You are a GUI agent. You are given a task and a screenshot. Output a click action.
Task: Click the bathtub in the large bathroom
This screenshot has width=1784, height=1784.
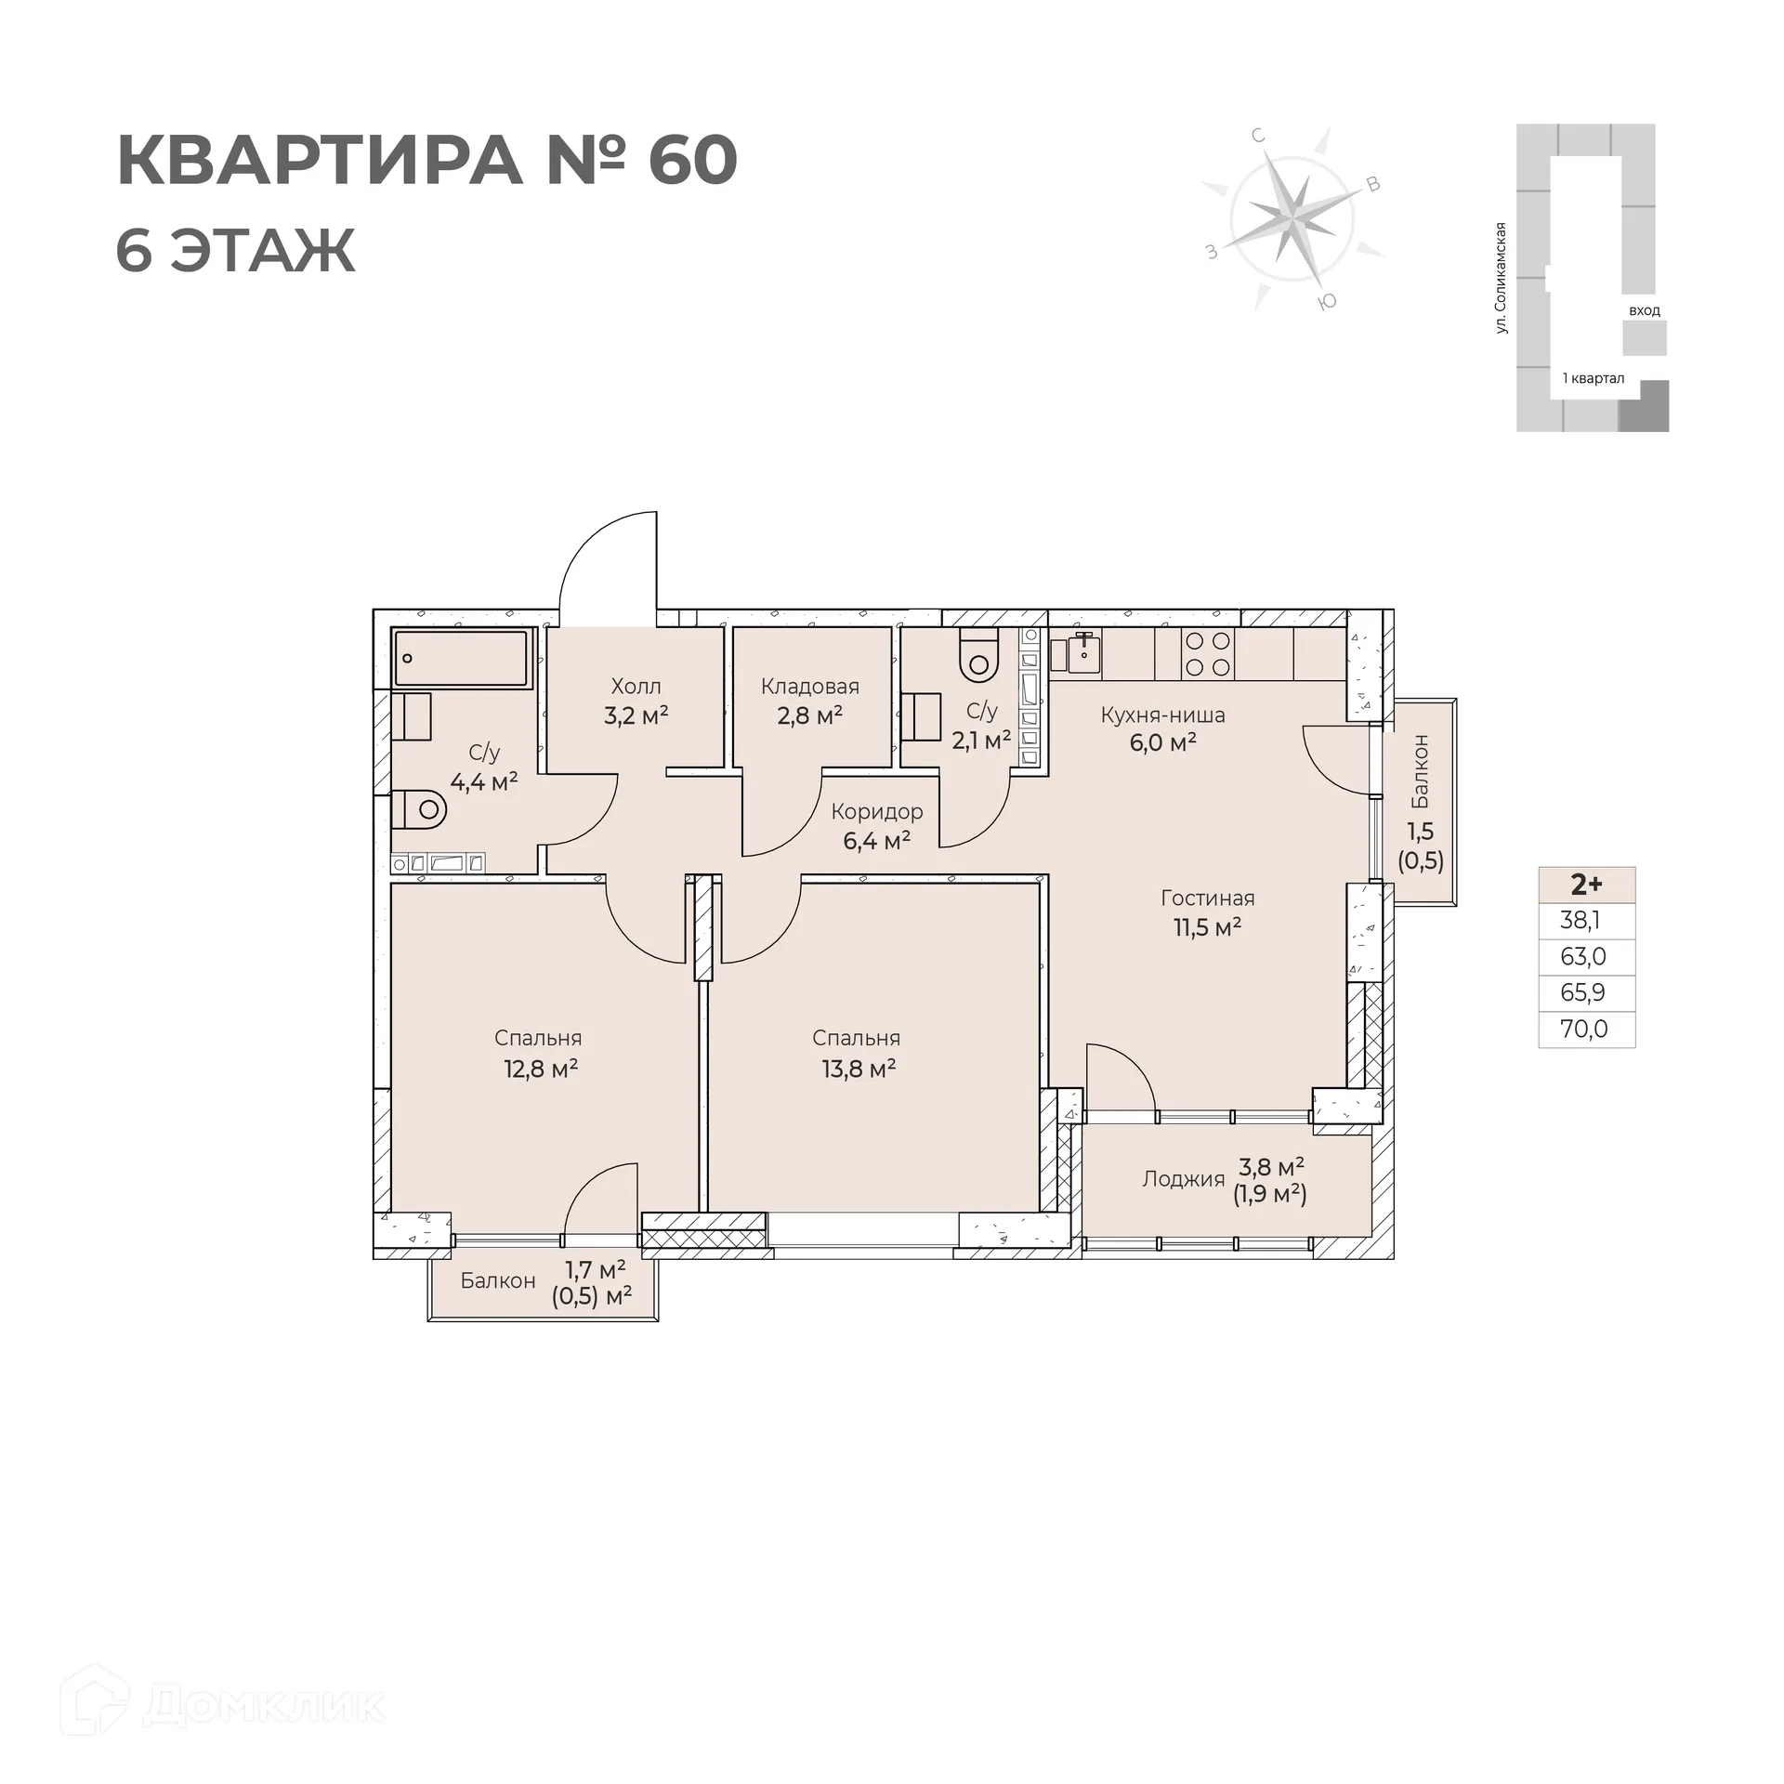[461, 658]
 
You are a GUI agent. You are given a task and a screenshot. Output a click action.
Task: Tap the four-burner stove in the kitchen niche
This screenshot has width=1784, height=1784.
[1208, 653]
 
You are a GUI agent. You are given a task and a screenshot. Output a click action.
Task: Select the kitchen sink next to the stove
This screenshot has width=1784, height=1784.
[1083, 653]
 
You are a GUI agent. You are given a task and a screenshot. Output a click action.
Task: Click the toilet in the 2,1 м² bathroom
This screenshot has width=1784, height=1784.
[977, 655]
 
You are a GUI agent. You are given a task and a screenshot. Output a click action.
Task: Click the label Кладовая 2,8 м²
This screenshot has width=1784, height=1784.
[809, 701]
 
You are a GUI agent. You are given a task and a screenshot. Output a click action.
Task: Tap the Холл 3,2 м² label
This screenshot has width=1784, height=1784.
[636, 701]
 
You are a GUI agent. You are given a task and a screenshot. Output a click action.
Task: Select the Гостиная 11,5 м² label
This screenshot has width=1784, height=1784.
[1207, 912]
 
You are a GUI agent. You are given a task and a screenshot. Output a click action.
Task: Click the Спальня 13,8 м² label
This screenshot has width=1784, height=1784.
[857, 1053]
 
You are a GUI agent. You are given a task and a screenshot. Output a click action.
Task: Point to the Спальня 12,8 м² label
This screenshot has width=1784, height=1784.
[539, 1053]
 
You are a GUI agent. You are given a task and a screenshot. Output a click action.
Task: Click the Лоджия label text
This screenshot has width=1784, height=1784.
[1183, 1179]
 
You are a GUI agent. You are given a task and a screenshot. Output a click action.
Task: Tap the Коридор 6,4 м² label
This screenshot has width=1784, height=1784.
[876, 826]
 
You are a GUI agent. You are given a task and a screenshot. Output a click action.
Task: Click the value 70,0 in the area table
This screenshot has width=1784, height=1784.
[1584, 1030]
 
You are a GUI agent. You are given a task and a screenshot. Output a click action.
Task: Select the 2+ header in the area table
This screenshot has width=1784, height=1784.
[1586, 884]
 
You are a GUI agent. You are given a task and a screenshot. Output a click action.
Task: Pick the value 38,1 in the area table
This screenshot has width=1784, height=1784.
[1581, 921]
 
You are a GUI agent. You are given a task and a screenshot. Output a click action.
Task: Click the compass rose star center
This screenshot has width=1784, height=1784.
[1291, 219]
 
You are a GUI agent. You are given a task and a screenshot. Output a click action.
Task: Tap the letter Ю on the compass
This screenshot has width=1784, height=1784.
[1328, 301]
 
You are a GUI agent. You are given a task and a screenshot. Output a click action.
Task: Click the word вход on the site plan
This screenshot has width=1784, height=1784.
[1644, 310]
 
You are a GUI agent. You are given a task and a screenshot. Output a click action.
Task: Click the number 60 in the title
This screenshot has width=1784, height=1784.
[692, 161]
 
